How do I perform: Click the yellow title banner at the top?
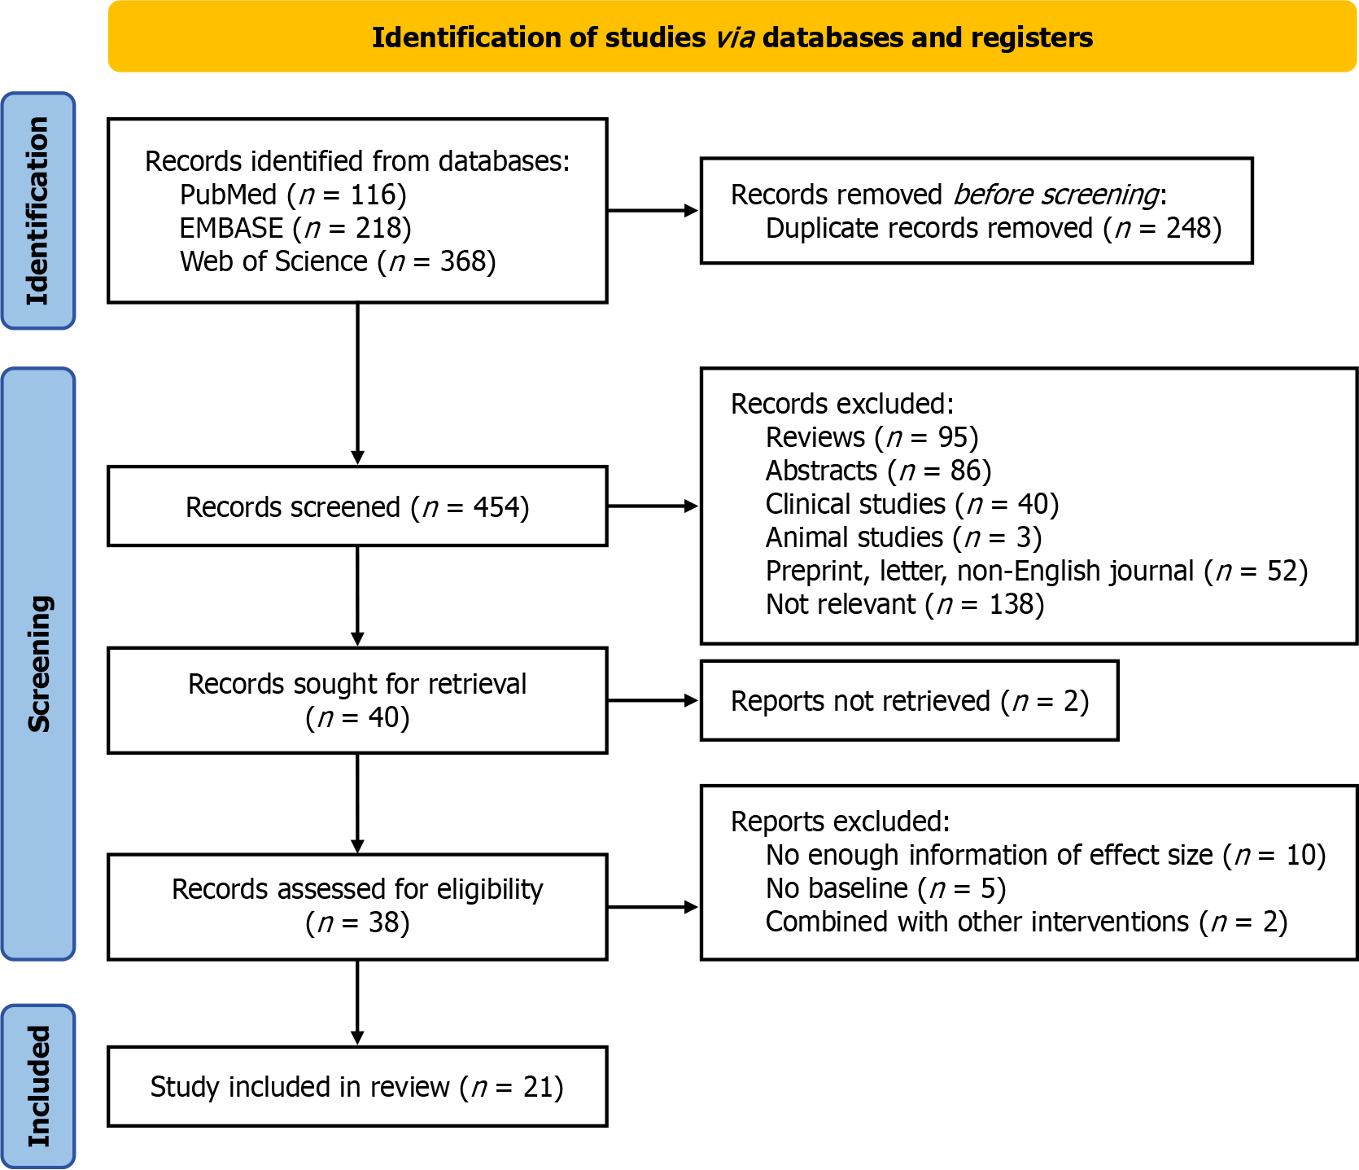[732, 37]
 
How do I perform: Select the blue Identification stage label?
[38, 211]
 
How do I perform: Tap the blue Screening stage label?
[38, 664]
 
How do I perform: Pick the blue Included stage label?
[38, 1086]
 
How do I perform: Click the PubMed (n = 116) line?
[293, 195]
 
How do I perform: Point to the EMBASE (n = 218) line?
[295, 228]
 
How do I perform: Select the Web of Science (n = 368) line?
[338, 261]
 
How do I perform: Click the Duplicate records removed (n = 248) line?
[994, 228]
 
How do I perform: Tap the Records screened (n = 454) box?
[357, 506]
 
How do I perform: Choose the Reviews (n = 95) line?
[872, 437]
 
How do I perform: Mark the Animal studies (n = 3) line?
[903, 537]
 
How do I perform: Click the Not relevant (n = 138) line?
[905, 604]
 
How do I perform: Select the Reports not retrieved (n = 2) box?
[910, 700]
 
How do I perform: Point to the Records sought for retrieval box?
[357, 700]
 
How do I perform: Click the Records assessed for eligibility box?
[357, 907]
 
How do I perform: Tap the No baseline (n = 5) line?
[885, 888]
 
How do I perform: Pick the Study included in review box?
[357, 1087]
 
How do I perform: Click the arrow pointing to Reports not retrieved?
[653, 700]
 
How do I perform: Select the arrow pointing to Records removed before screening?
[653, 211]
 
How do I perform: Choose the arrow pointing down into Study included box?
[357, 1003]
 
